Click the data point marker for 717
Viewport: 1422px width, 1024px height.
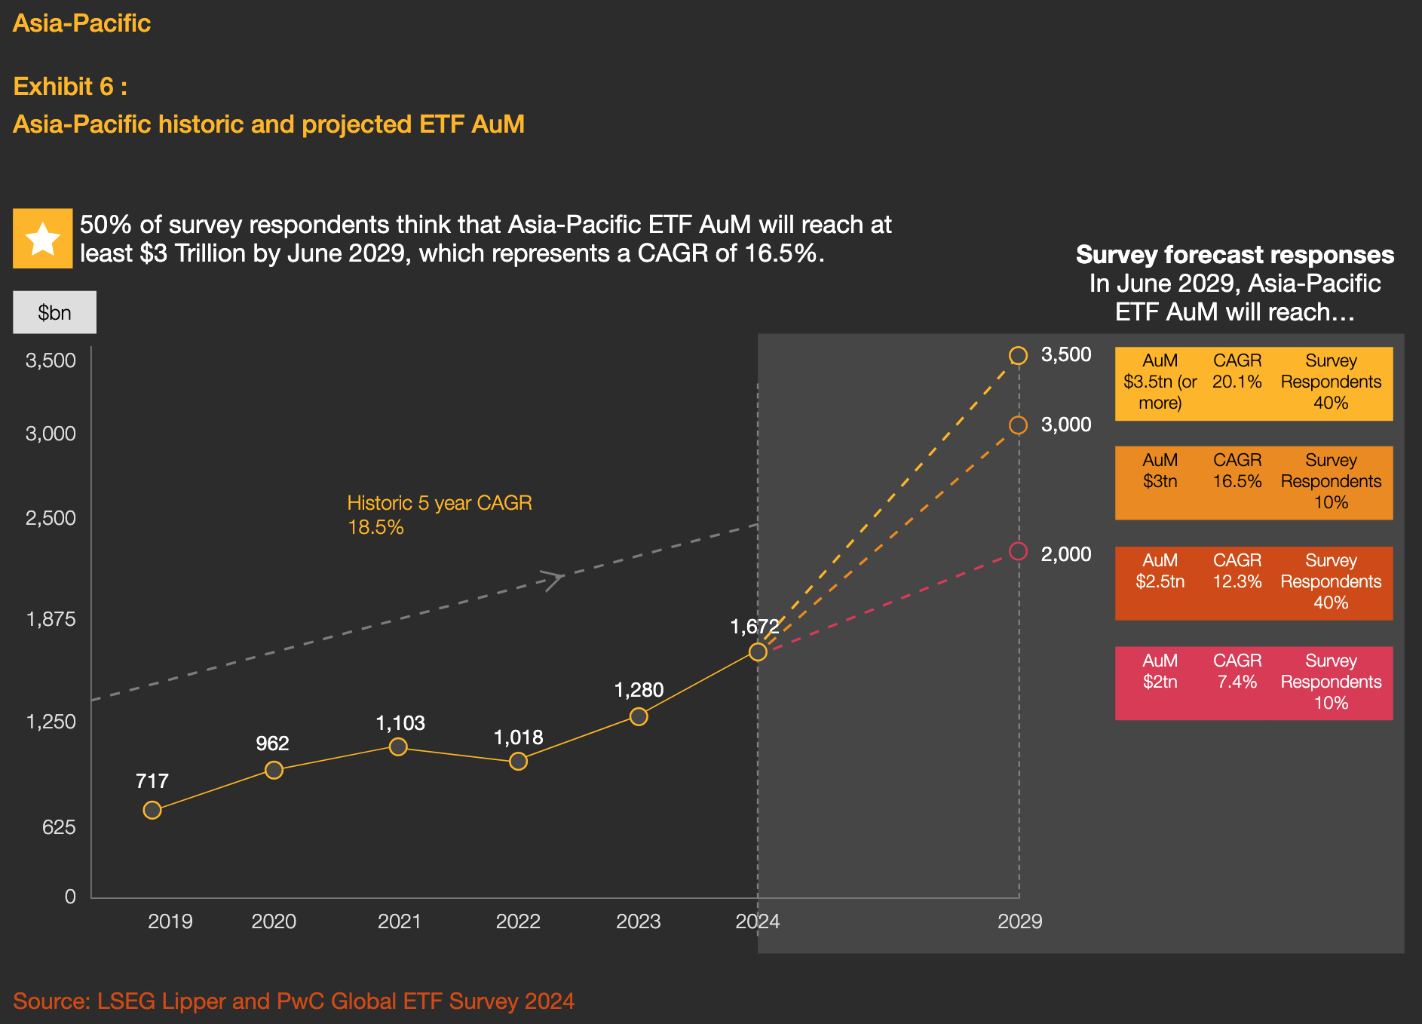[x=152, y=810]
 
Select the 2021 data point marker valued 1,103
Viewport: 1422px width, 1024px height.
[x=398, y=747]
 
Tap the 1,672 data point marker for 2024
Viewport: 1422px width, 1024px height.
[x=758, y=651]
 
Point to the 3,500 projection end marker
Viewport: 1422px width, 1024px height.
[x=1019, y=356]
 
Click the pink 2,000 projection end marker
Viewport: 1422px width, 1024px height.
[x=1019, y=551]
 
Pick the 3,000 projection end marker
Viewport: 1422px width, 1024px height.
[x=1019, y=425]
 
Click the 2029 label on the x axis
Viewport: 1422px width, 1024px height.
[x=1019, y=921]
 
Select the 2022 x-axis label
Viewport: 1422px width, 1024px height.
[x=518, y=921]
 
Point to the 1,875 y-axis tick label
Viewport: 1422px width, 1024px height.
[x=51, y=619]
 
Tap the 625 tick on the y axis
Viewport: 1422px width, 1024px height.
[x=59, y=827]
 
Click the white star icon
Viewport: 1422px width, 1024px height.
[x=43, y=238]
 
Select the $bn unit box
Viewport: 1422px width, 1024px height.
[x=54, y=312]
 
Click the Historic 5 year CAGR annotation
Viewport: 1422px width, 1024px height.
[x=440, y=514]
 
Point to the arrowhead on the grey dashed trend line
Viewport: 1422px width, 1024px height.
[x=555, y=580]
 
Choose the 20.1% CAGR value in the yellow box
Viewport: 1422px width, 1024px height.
[x=1237, y=382]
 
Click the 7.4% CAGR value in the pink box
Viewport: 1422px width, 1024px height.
[x=1237, y=682]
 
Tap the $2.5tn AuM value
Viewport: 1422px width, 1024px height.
[x=1160, y=581]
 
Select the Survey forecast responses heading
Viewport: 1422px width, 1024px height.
[x=1234, y=255]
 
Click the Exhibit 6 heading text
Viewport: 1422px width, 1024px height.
[x=70, y=87]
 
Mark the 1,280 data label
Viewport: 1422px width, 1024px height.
[x=639, y=690]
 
